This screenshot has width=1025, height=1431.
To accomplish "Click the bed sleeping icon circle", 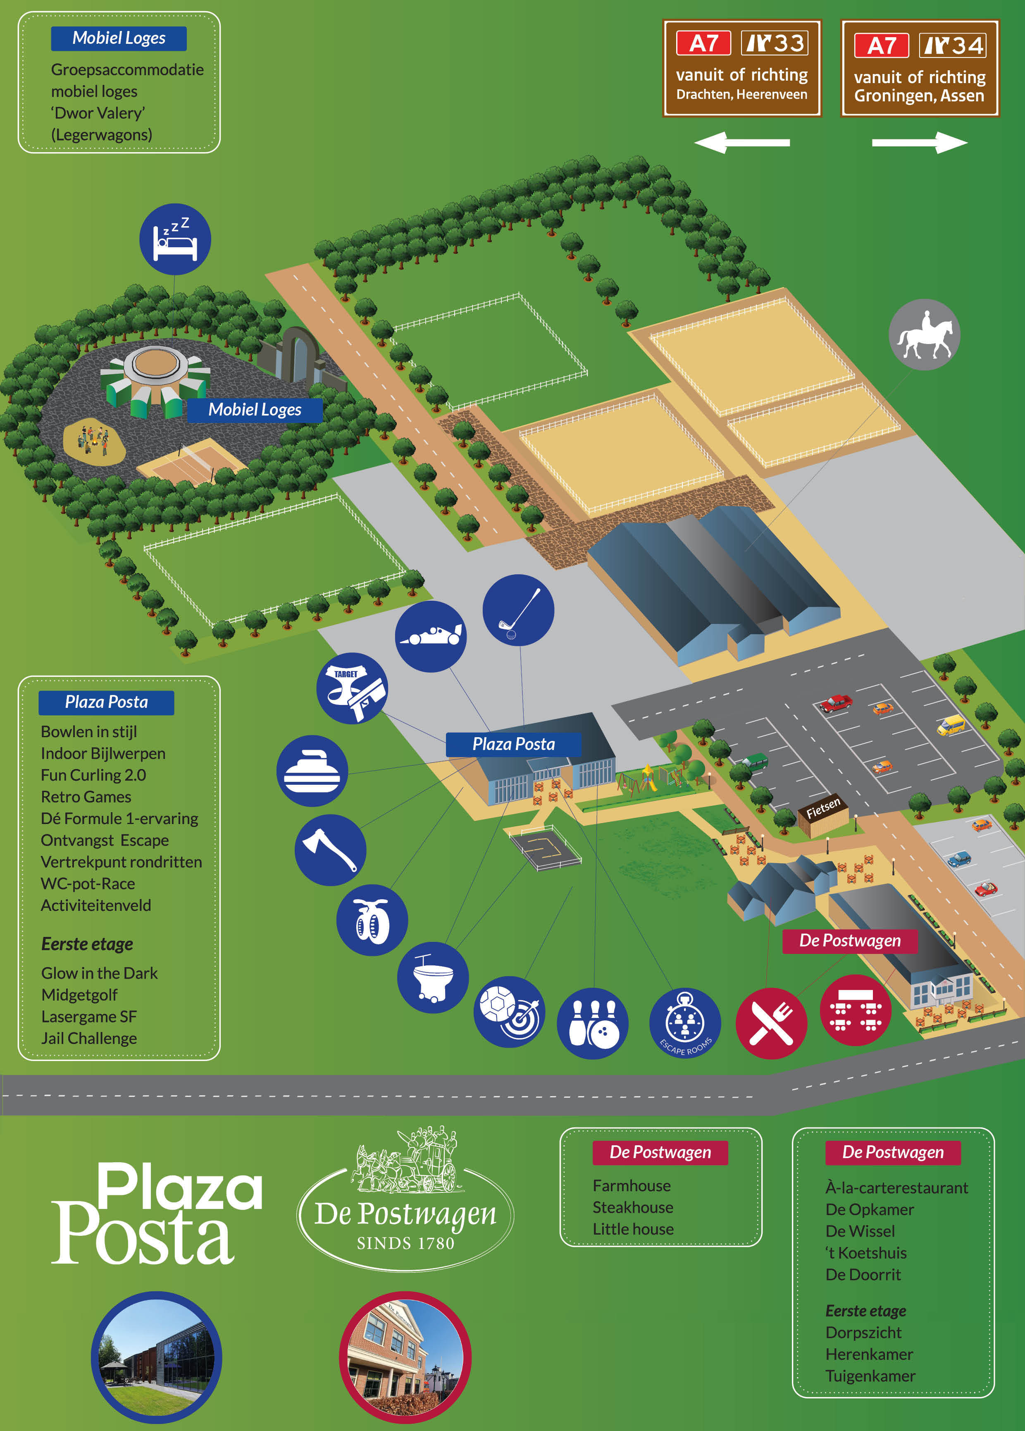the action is tap(175, 239).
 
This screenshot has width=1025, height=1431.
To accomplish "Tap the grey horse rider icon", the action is tap(924, 334).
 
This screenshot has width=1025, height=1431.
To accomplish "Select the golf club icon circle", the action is tap(518, 610).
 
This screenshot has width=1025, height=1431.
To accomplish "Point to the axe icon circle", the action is tap(331, 850).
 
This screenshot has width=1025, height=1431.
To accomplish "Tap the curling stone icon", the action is tap(312, 771).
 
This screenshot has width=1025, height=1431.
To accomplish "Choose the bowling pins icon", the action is tap(593, 1023).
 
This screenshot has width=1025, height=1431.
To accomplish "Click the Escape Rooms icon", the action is tap(685, 1023).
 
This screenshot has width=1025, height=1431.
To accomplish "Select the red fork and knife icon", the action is tap(771, 1023).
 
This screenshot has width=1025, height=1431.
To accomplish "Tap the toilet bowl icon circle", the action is tap(433, 977).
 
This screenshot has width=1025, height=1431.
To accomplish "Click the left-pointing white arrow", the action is tap(742, 143).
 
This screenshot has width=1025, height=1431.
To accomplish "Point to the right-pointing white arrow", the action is tap(920, 143).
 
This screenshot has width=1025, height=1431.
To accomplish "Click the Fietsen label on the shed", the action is tap(823, 808).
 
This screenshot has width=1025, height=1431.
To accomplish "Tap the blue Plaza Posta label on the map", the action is tap(513, 744).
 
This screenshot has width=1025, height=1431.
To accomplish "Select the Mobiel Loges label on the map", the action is tap(255, 409).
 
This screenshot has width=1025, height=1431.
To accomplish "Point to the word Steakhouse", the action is tap(633, 1207).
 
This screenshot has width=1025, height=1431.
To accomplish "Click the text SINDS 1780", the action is tap(405, 1243).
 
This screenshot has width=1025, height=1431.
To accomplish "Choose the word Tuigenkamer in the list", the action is tap(870, 1376).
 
